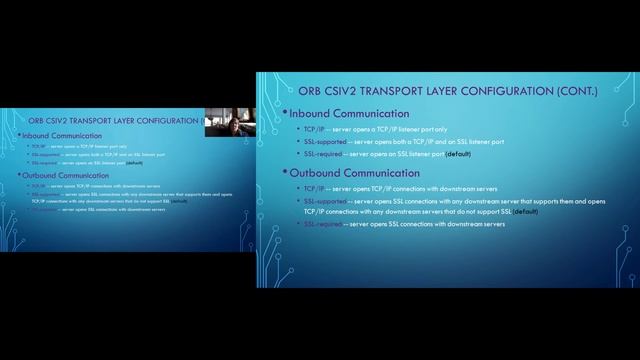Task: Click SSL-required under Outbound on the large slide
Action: [324, 224]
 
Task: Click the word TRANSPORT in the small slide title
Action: [99, 120]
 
